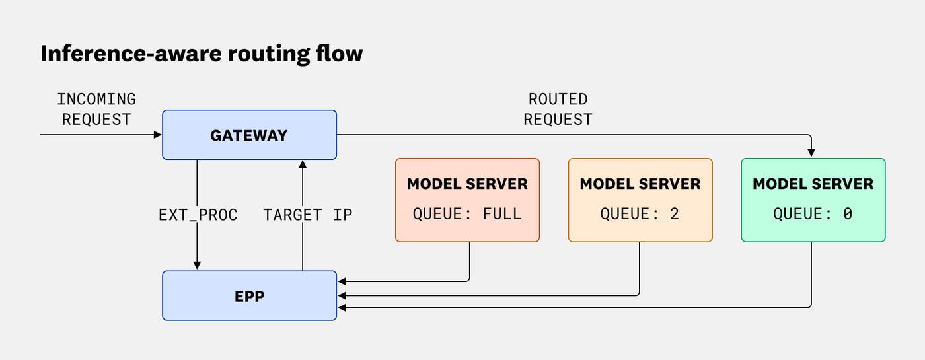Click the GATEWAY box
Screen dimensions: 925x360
(250, 135)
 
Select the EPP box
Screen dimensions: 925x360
(250, 296)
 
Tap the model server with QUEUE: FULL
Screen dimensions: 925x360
(468, 199)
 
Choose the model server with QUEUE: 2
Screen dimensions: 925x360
(640, 199)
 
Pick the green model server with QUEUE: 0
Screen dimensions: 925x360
(813, 199)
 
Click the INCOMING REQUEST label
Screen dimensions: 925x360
(96, 110)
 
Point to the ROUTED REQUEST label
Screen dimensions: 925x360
(558, 110)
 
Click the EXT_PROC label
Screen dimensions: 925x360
(198, 215)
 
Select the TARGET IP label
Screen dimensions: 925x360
(308, 215)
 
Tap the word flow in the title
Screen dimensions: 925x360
(340, 54)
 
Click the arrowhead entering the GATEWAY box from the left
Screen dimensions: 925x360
(158, 135)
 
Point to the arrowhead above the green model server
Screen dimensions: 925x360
(811, 153)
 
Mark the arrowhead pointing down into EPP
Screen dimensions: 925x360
(197, 266)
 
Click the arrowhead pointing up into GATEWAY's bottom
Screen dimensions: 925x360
(303, 164)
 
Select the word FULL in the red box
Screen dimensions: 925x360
(502, 214)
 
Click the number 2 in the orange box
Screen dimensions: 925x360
(675, 214)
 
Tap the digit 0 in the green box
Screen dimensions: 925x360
(847, 214)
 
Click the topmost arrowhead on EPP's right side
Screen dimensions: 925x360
(342, 281)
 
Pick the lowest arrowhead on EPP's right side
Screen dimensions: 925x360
(342, 308)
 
